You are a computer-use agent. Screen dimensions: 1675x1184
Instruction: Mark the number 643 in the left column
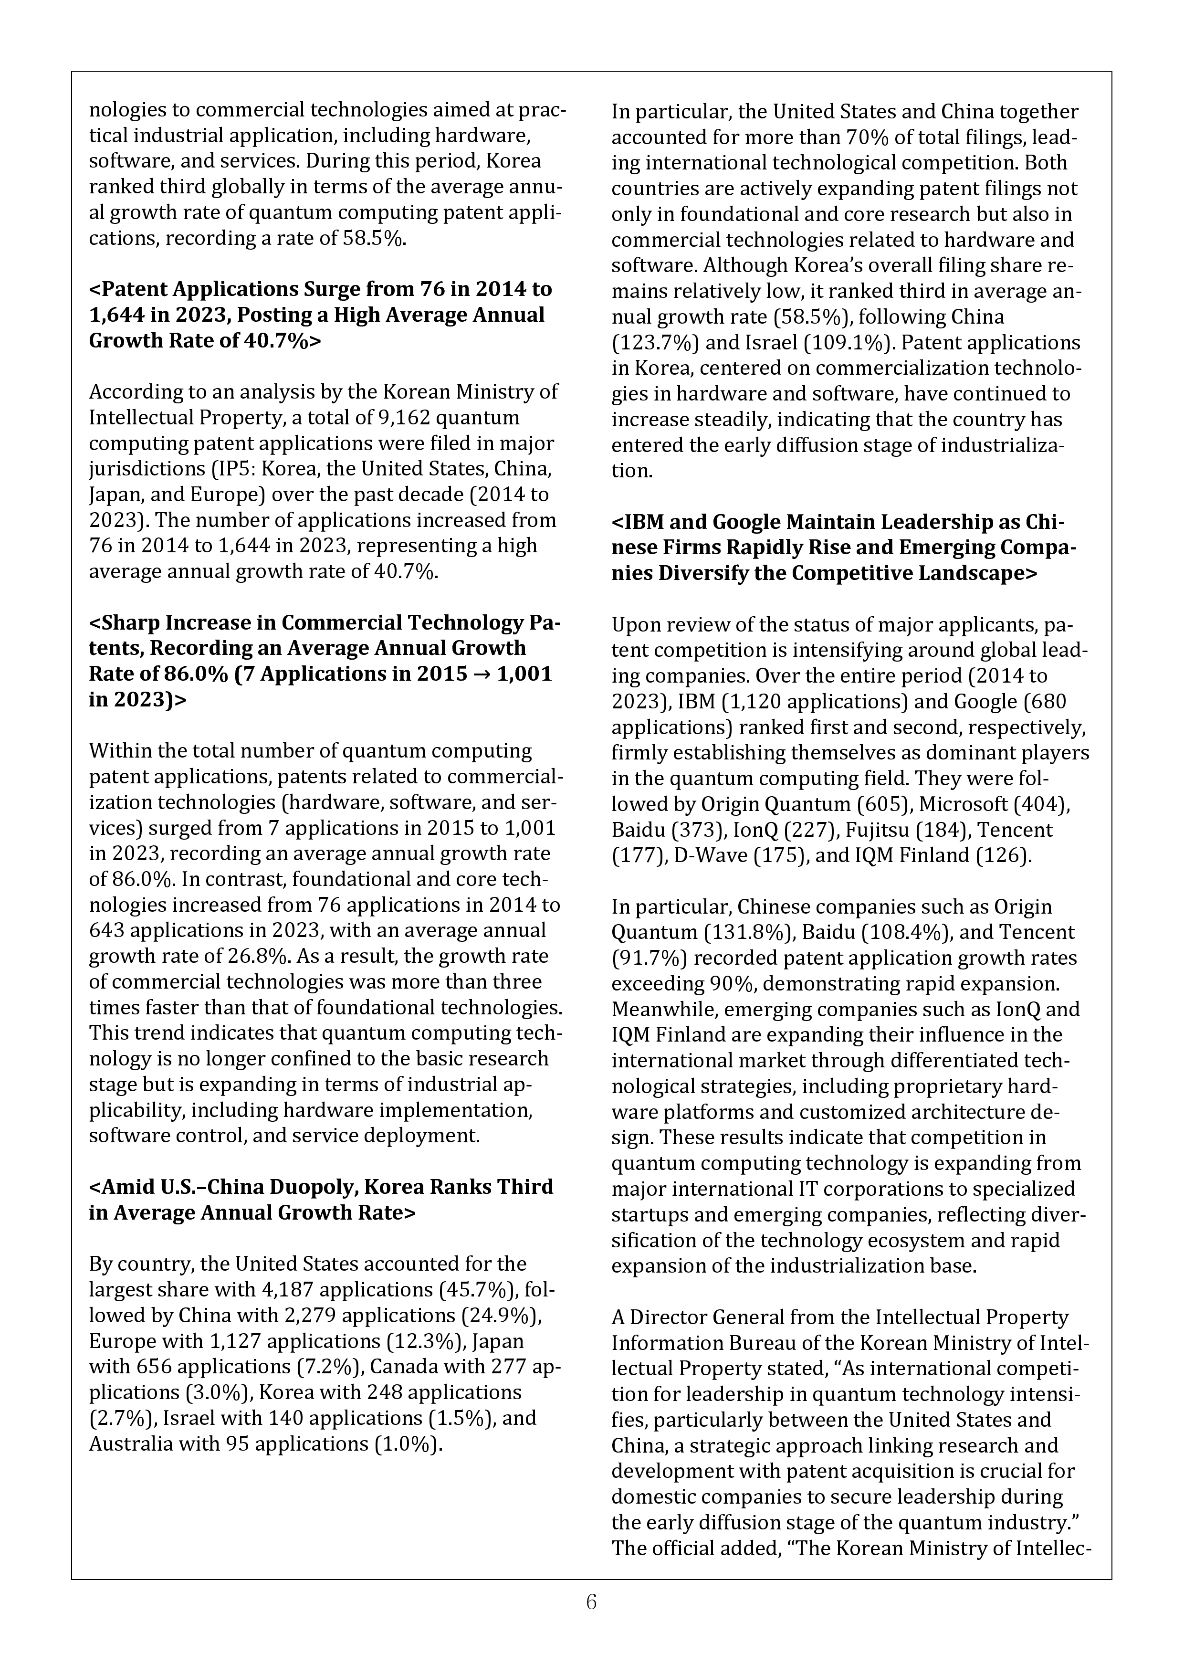[x=106, y=931]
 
